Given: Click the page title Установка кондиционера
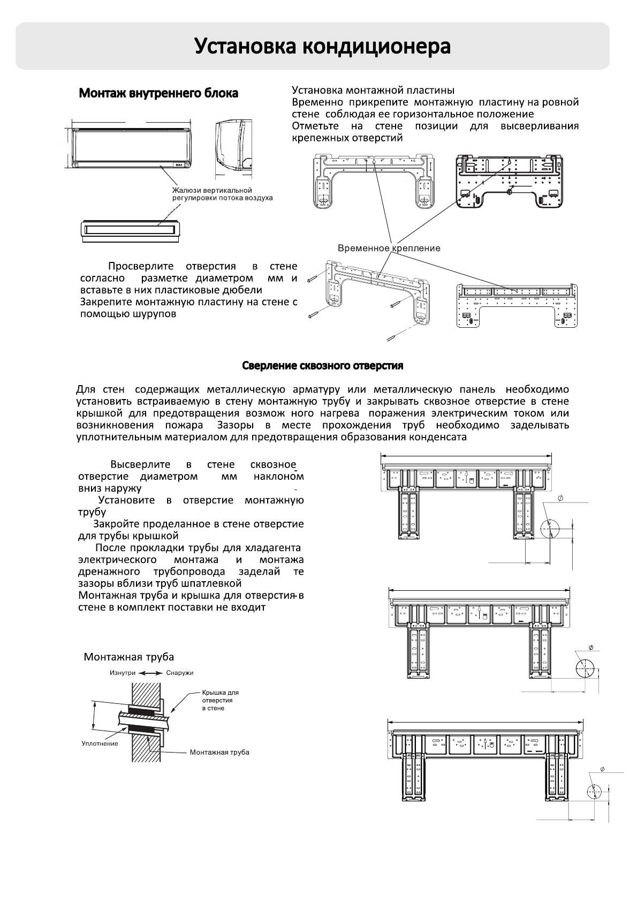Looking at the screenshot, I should coord(322,47).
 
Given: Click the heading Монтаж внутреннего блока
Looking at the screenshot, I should coord(158,93).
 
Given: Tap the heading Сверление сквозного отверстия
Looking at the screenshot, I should coord(322,366).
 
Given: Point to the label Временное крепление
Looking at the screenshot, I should coord(389,248).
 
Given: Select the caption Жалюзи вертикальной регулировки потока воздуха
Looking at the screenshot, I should coord(222,194).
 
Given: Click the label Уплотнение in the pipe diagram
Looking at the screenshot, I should coord(100,743).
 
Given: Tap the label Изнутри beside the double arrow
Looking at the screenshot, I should coord(123,673).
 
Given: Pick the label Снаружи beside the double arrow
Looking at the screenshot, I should coord(179,673).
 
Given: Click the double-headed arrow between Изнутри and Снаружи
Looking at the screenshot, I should coord(150,673).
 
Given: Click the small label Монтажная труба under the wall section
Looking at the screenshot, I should coord(219,753).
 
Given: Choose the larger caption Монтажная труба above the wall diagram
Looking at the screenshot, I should coord(128,657).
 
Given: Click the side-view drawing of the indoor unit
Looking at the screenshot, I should coord(233,146).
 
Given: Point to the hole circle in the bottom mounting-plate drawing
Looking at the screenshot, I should coord(594,792).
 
